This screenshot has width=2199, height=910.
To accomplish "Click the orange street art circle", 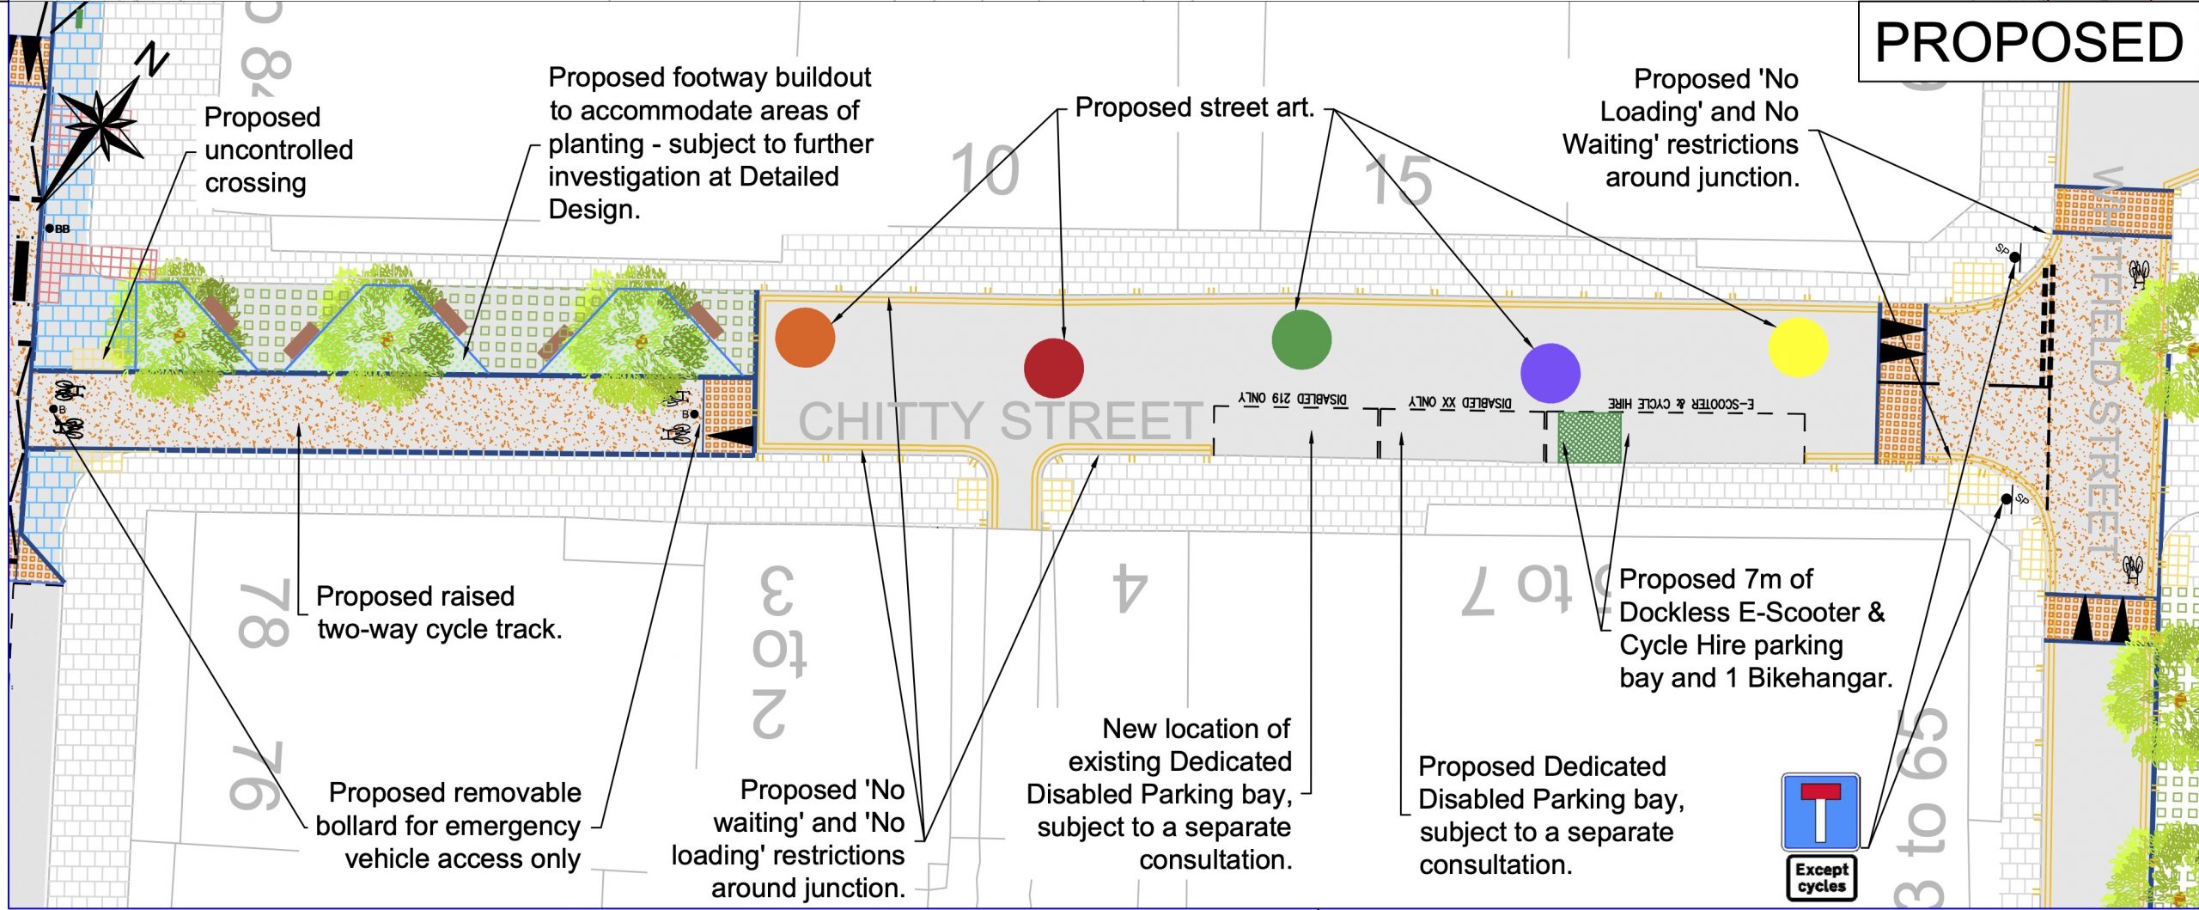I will (x=805, y=338).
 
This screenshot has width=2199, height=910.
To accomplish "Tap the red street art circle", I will (x=1054, y=368).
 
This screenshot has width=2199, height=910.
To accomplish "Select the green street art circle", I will (x=1301, y=339).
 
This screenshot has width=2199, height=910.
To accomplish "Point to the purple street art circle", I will (x=1550, y=373).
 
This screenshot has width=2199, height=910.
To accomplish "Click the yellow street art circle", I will (x=1798, y=347).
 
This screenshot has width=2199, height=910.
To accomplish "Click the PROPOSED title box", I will (x=2028, y=42).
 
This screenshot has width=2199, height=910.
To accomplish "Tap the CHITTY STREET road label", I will (x=1001, y=420).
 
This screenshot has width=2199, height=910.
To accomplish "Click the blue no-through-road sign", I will (x=1820, y=812).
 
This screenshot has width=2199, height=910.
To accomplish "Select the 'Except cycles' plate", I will (x=1821, y=877).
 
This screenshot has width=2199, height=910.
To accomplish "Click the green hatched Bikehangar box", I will (x=1590, y=438).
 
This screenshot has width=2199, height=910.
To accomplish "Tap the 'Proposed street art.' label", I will (x=1195, y=108).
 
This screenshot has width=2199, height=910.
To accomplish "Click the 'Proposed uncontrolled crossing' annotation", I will (x=277, y=150).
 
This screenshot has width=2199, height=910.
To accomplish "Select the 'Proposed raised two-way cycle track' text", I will (x=438, y=612).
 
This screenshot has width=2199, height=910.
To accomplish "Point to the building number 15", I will (x=1398, y=180).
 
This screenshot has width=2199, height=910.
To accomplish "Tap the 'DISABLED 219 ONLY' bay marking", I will (x=1293, y=400).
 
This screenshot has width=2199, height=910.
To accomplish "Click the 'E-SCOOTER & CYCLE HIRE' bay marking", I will (x=1681, y=403).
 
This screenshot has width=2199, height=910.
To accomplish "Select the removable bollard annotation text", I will (x=453, y=825).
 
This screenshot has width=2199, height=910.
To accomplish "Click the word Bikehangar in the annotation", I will (x=1819, y=678).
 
